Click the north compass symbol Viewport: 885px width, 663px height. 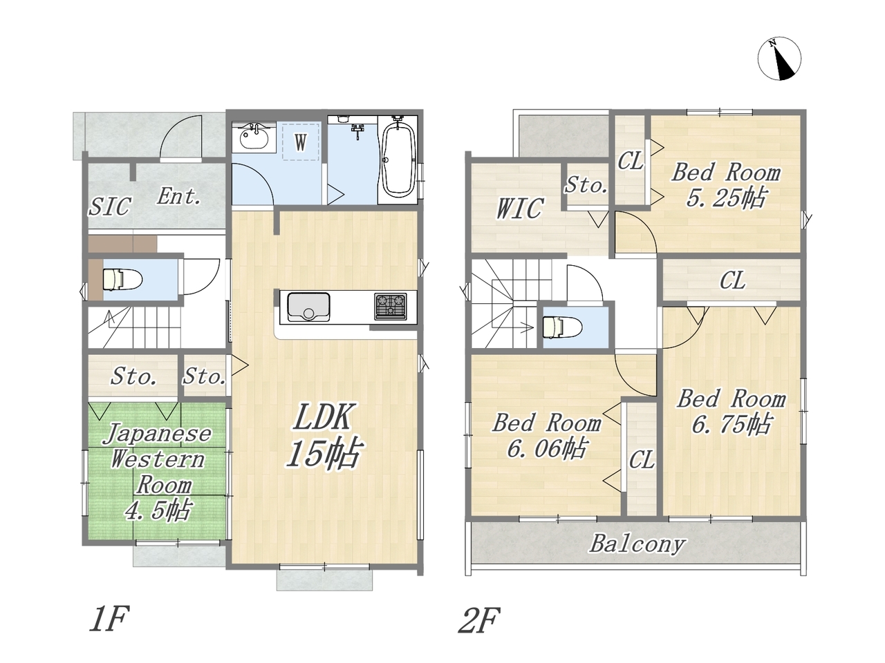[x=779, y=59]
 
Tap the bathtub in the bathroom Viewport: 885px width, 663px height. [x=398, y=159]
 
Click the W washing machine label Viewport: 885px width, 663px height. [x=300, y=142]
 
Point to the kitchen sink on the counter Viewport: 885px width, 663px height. [x=308, y=307]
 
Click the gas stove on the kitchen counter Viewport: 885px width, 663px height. [x=390, y=307]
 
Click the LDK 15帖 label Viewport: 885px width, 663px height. [x=323, y=436]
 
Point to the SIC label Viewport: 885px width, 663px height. [x=110, y=206]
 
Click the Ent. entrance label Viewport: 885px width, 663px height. [x=178, y=196]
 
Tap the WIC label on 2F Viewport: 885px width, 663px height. [x=520, y=209]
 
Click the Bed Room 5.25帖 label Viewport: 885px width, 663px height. [x=726, y=185]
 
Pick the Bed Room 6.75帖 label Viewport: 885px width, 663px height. [x=732, y=412]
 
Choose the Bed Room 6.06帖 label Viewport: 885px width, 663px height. [x=547, y=435]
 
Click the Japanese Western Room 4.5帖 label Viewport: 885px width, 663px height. [x=158, y=472]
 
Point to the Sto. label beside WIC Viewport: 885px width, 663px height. [x=586, y=186]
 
